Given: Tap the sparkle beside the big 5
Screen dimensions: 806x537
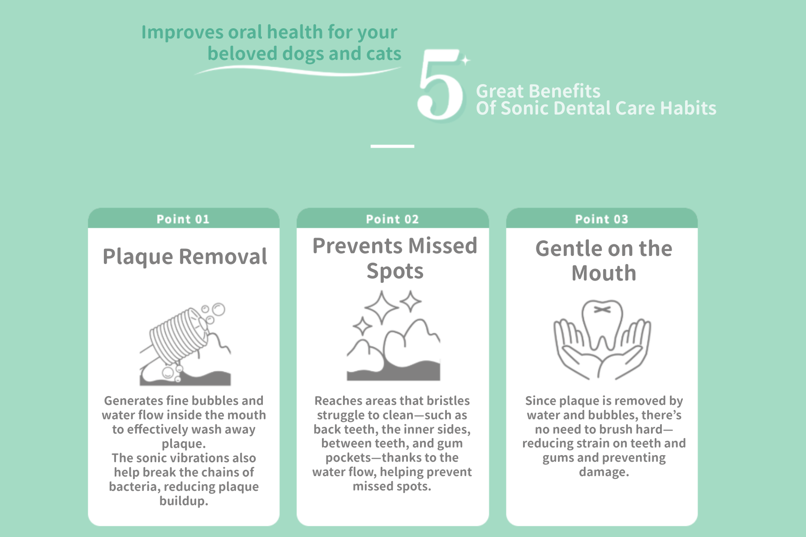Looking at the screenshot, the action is coord(466,60).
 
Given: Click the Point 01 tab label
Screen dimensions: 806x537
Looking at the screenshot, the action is coord(183,219).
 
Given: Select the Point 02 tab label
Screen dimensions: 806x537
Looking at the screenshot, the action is coord(392,219).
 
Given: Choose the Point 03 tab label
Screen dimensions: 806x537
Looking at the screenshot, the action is coord(601,219).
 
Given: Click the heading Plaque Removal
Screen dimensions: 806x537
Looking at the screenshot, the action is coord(184,257).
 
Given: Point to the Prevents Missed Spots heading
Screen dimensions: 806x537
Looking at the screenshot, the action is coord(394,258).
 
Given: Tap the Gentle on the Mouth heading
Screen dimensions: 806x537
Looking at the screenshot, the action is coord(604,260).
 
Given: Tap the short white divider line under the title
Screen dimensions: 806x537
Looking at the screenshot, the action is coord(392,146).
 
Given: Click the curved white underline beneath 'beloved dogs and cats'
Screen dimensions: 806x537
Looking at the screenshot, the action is coord(298,70).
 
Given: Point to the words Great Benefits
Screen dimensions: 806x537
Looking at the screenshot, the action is coord(538,91).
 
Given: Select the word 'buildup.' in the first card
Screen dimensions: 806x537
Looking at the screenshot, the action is coord(184,501).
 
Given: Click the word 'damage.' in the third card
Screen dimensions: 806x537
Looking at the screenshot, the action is coord(604,472).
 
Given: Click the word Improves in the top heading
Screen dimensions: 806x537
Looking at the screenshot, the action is coord(183,33).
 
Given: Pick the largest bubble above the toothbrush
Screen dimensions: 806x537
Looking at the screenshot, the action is coord(219,309).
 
